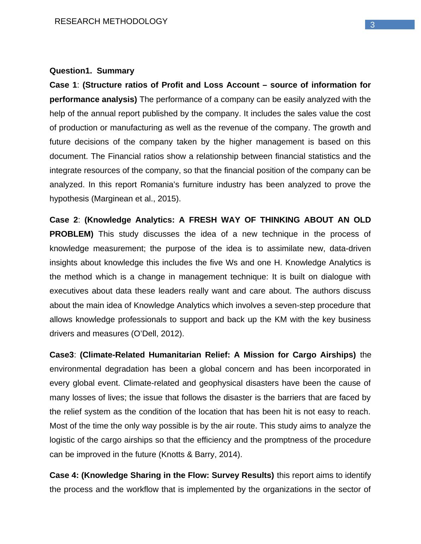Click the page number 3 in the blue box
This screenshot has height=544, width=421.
[372, 25]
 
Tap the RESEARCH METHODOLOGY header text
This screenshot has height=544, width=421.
[111, 22]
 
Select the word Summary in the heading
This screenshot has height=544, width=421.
[115, 71]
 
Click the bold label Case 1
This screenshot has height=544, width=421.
[63, 85]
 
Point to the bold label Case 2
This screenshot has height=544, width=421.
[63, 220]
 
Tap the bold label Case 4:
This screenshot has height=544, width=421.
[64, 475]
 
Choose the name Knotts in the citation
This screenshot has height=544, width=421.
[172, 455]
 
